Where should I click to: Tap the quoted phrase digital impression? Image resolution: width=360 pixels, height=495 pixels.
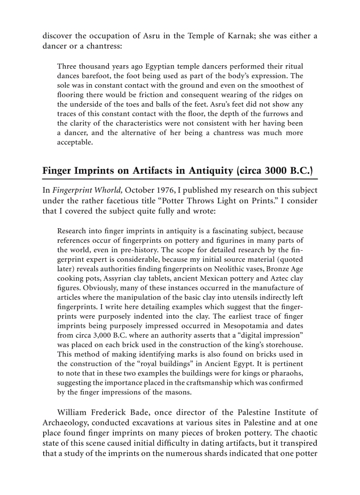coord(274,335)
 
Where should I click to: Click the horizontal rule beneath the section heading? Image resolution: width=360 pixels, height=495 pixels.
coord(180,179)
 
